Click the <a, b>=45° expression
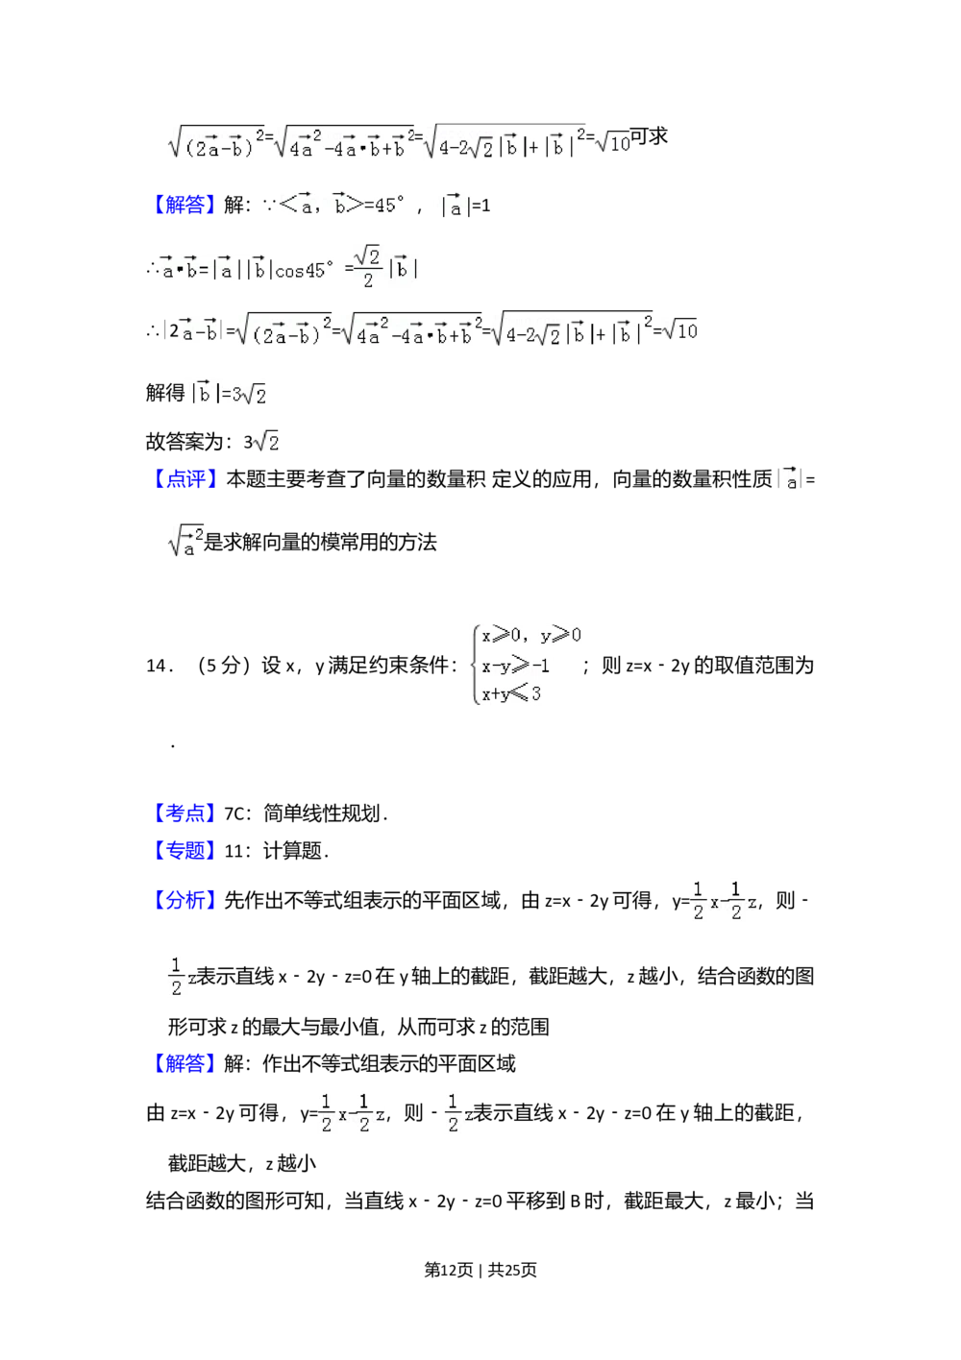click(x=346, y=205)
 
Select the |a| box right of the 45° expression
click(x=455, y=205)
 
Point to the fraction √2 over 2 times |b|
click(x=384, y=266)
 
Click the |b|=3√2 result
click(x=227, y=392)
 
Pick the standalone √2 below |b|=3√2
click(x=265, y=440)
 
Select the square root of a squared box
click(x=185, y=543)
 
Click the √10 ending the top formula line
click(x=612, y=143)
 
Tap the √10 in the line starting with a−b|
click(x=680, y=331)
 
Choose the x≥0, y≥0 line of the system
click(x=530, y=636)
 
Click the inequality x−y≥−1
click(x=516, y=666)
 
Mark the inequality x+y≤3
click(x=512, y=693)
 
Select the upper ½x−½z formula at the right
click(x=723, y=900)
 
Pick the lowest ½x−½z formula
click(x=354, y=1112)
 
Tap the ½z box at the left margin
click(x=181, y=977)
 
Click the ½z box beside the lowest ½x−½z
click(x=457, y=1112)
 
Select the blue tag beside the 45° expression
click(x=185, y=204)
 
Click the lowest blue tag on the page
click(x=185, y=1063)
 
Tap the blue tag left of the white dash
click(x=185, y=814)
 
